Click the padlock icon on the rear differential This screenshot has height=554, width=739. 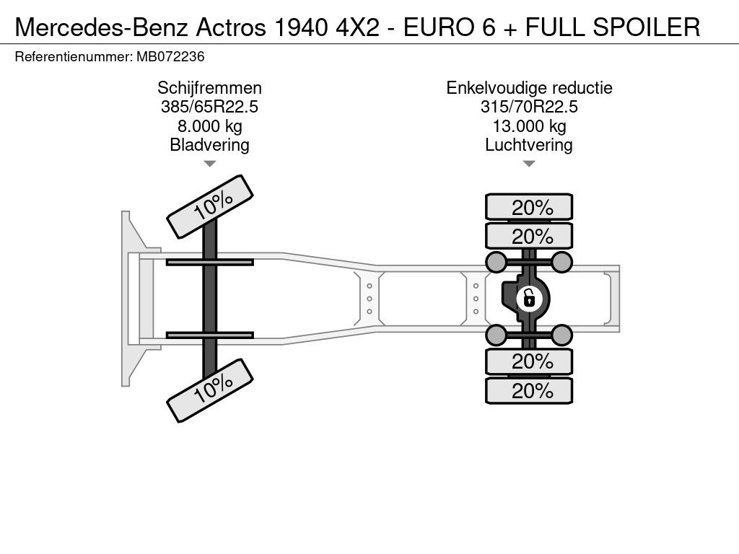pos(529,298)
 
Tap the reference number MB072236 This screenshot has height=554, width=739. pos(170,57)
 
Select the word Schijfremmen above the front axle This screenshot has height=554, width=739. pos(210,88)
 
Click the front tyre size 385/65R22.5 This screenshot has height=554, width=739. pos(210,107)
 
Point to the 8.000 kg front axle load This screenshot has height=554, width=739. pos(210,126)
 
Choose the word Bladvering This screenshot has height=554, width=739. pos(210,145)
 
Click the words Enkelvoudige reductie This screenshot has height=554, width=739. pos(529,88)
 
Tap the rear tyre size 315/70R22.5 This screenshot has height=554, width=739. pos(529,107)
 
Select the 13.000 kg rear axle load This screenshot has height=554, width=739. pos(529,126)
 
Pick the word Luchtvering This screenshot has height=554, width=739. pos(529,145)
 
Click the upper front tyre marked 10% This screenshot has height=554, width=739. pos(210,207)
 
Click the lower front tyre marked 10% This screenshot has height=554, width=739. pos(210,390)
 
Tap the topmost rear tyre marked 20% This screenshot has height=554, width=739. pos(529,207)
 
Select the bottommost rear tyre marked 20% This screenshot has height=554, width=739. pos(529,390)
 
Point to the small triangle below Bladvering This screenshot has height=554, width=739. pos(210,164)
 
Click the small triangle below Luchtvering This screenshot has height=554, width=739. pos(529,164)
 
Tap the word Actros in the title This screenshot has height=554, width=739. pos(231,27)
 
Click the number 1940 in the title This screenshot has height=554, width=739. pos(301,27)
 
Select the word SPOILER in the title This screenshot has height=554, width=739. pos(646,27)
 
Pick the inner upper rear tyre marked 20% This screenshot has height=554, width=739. pos(529,236)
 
